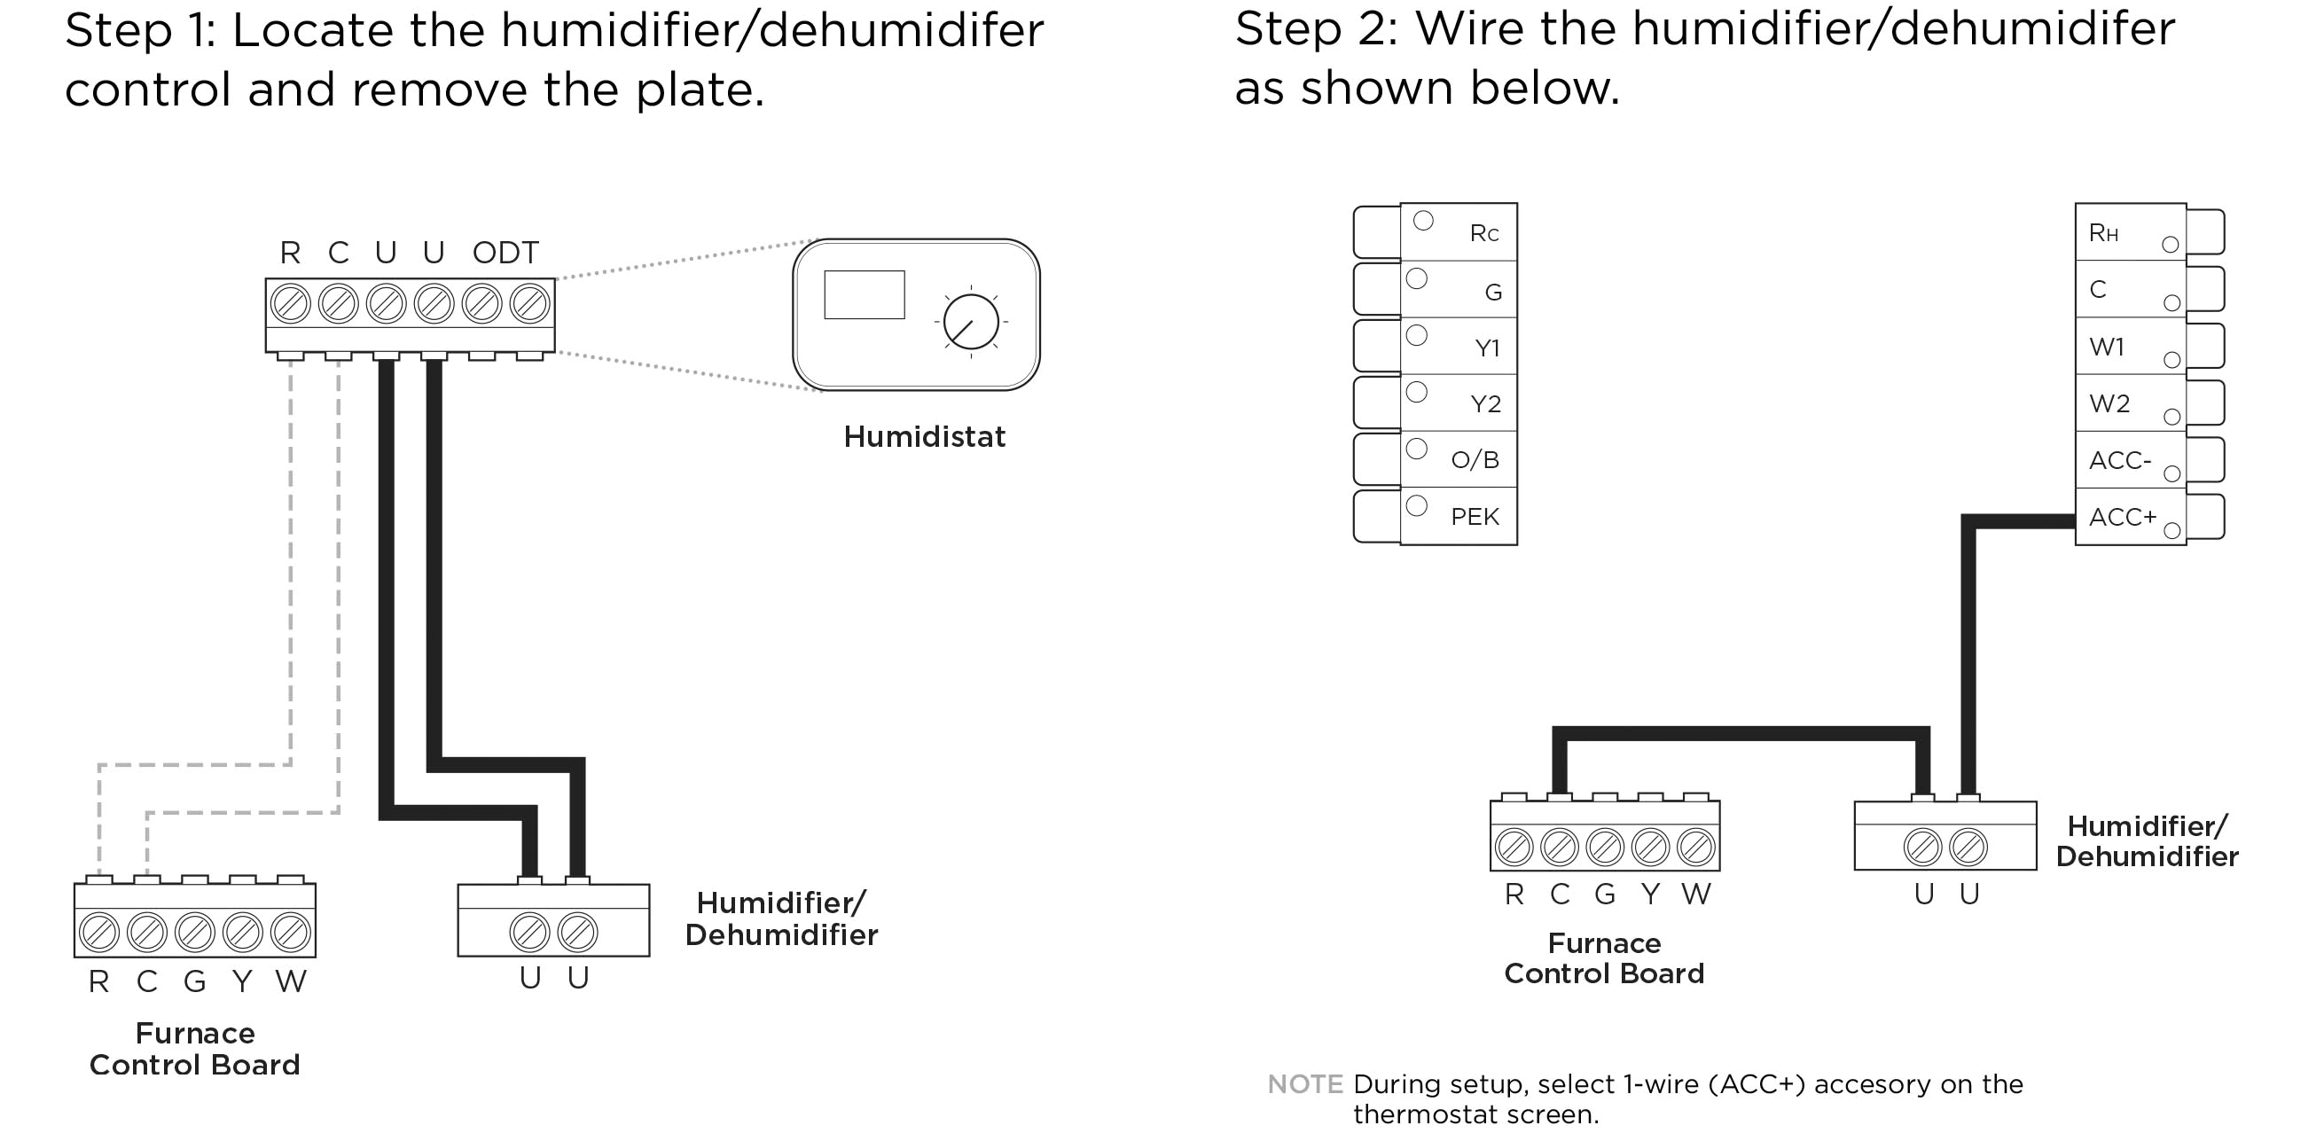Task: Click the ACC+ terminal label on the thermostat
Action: (x=2122, y=517)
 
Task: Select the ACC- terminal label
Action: (x=2119, y=460)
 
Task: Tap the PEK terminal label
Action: (x=1475, y=517)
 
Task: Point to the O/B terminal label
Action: (x=1475, y=460)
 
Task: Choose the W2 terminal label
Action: (x=2109, y=403)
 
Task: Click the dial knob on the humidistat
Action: (x=971, y=322)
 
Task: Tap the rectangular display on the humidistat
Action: (x=864, y=294)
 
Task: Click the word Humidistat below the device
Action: (x=924, y=436)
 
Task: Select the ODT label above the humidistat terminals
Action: (x=505, y=253)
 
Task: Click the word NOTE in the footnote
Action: (x=1304, y=1083)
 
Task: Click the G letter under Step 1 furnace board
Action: (x=194, y=981)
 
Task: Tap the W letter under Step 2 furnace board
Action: (x=1695, y=894)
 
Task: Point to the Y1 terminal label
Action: (x=1486, y=348)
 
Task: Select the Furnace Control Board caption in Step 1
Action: (x=194, y=1048)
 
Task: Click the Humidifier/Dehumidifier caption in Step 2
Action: (x=2147, y=840)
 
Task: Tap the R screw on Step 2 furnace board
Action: (x=1513, y=847)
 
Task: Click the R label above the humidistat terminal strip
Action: (x=290, y=253)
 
